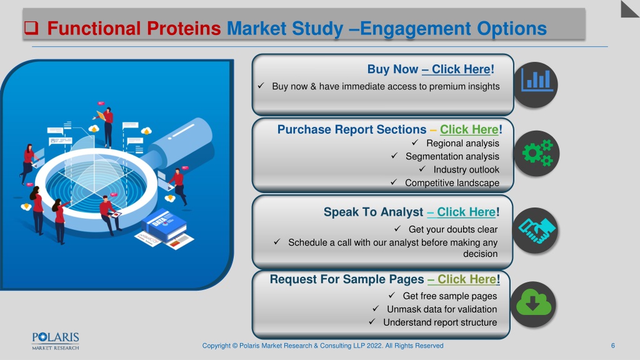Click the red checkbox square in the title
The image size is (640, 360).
[31, 27]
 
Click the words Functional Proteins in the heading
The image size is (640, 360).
[134, 29]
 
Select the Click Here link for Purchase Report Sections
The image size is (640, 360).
[469, 129]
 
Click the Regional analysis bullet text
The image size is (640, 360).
[462, 143]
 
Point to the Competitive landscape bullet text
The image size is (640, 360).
[452, 183]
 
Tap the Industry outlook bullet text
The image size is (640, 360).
[466, 170]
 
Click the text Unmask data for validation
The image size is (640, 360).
[442, 309]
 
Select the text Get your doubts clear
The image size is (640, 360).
[453, 229]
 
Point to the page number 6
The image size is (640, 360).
[612, 346]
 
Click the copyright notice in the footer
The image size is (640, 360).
[323, 346]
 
